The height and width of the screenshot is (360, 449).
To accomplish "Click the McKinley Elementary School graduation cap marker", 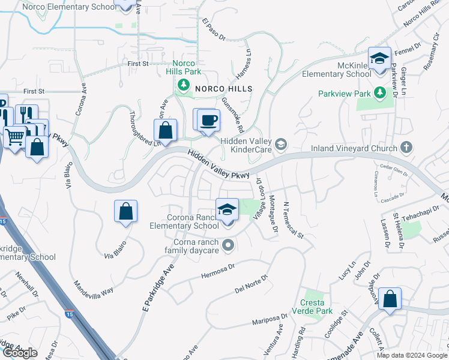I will [x=379, y=59].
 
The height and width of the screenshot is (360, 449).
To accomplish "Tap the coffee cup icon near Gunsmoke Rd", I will [x=208, y=120].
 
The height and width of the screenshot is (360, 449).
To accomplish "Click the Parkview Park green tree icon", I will [x=379, y=93].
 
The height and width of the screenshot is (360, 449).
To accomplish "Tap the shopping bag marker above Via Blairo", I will [x=125, y=211].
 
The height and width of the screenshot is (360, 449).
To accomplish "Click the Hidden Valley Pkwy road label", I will [x=218, y=164].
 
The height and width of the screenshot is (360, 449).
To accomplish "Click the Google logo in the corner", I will [x=20, y=353].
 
